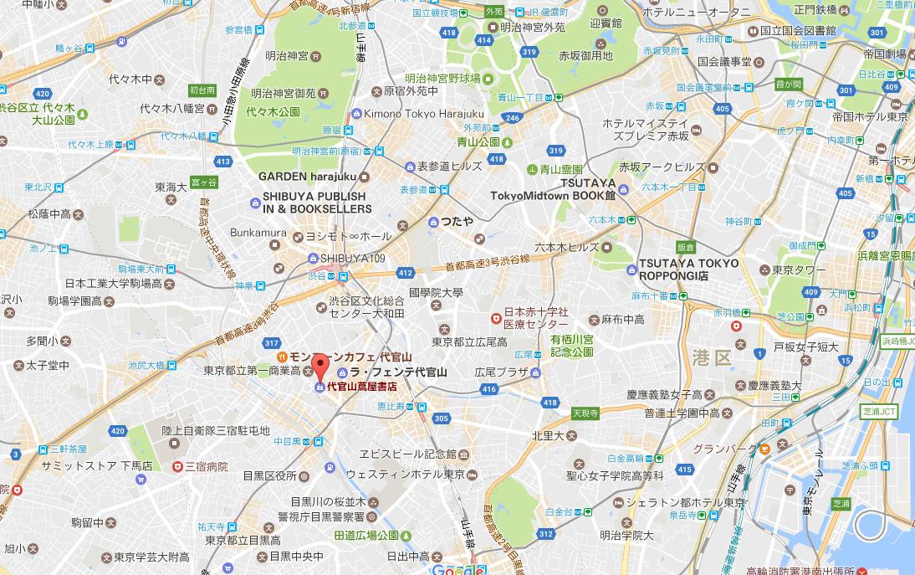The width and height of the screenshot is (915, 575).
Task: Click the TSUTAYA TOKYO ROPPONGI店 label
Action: (x=688, y=269)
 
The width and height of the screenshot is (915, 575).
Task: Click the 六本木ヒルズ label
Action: (x=567, y=247)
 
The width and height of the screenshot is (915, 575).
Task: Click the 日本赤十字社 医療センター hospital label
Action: (x=535, y=317)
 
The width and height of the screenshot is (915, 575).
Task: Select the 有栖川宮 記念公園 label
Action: (x=571, y=346)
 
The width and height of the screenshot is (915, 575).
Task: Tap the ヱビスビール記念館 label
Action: (x=406, y=454)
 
